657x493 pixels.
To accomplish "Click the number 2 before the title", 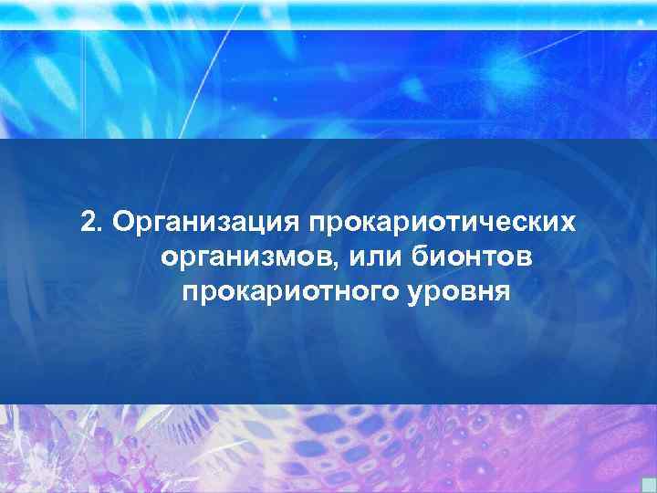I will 88,223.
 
